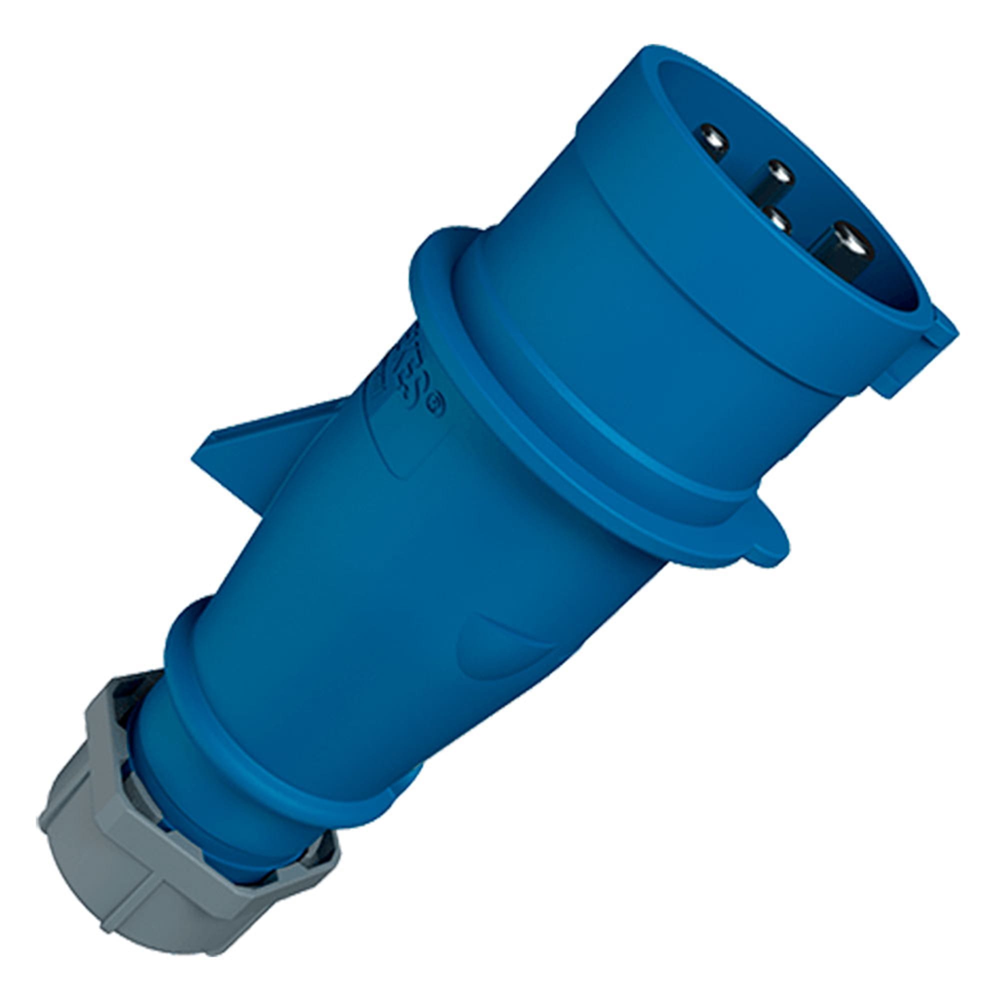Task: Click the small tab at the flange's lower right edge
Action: pyautogui.click(x=766, y=548)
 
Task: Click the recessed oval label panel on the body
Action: pyautogui.click(x=393, y=445)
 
